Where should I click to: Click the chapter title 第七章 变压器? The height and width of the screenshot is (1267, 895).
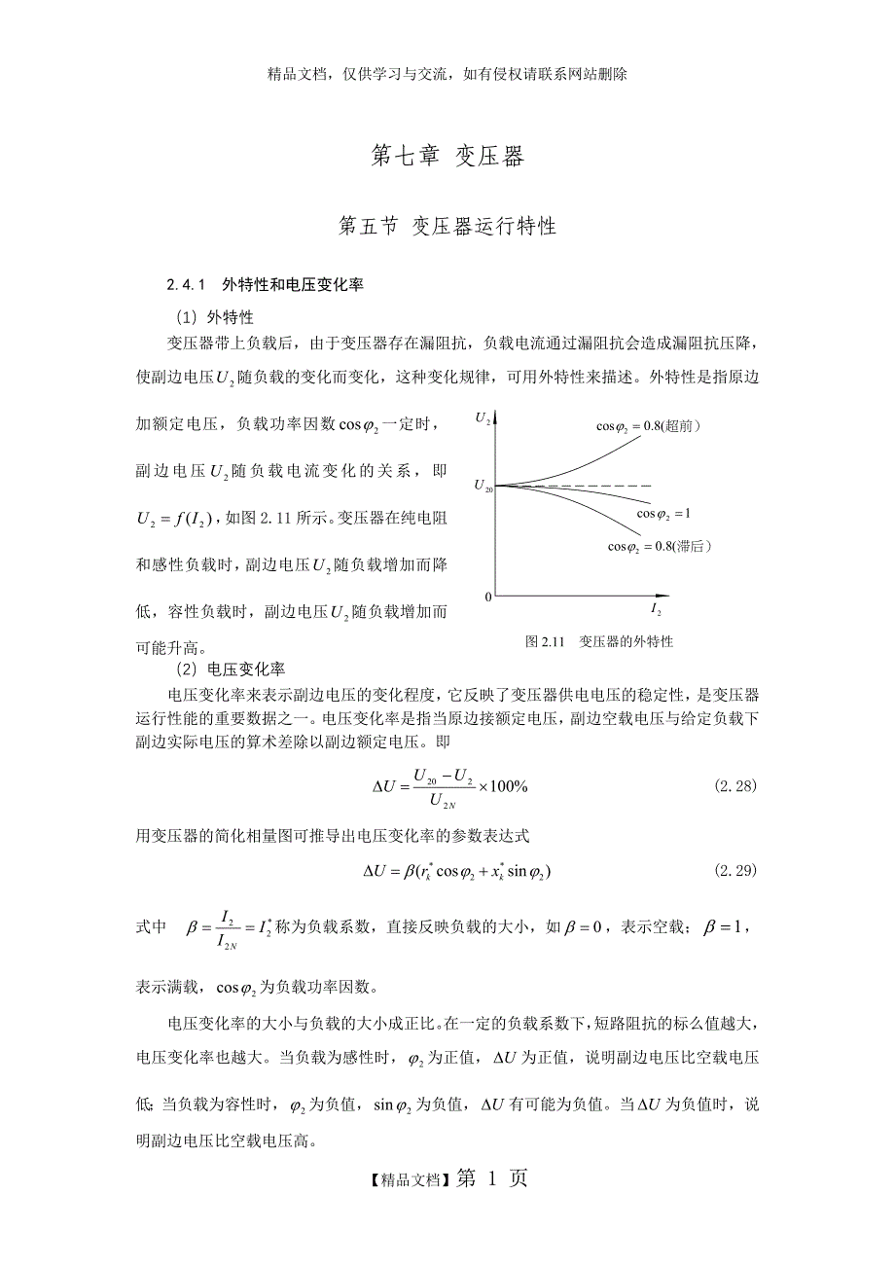(x=447, y=157)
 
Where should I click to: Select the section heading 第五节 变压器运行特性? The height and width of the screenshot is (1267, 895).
(x=447, y=226)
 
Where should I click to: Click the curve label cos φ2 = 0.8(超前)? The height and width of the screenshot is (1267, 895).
(x=649, y=426)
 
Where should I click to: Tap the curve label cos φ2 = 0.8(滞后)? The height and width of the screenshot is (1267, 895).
(x=660, y=547)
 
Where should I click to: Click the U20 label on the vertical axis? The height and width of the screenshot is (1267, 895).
(x=483, y=486)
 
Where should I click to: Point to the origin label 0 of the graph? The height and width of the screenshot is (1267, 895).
(x=488, y=596)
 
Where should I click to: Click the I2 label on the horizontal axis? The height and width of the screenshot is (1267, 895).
(x=656, y=610)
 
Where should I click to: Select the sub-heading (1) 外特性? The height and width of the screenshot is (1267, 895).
(x=215, y=316)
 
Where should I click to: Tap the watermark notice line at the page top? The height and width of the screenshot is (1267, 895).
(x=447, y=74)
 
